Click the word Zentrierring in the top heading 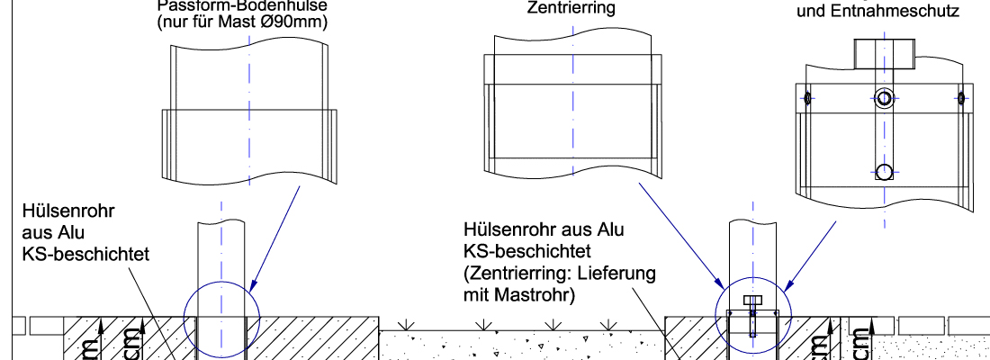click(x=571, y=8)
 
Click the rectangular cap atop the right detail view click(x=884, y=56)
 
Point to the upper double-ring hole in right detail click(x=884, y=97)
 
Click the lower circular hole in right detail click(x=884, y=171)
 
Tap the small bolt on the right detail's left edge click(x=807, y=97)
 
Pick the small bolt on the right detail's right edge click(x=961, y=97)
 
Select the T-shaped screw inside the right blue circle click(x=752, y=301)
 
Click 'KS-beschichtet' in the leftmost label click(x=85, y=255)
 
